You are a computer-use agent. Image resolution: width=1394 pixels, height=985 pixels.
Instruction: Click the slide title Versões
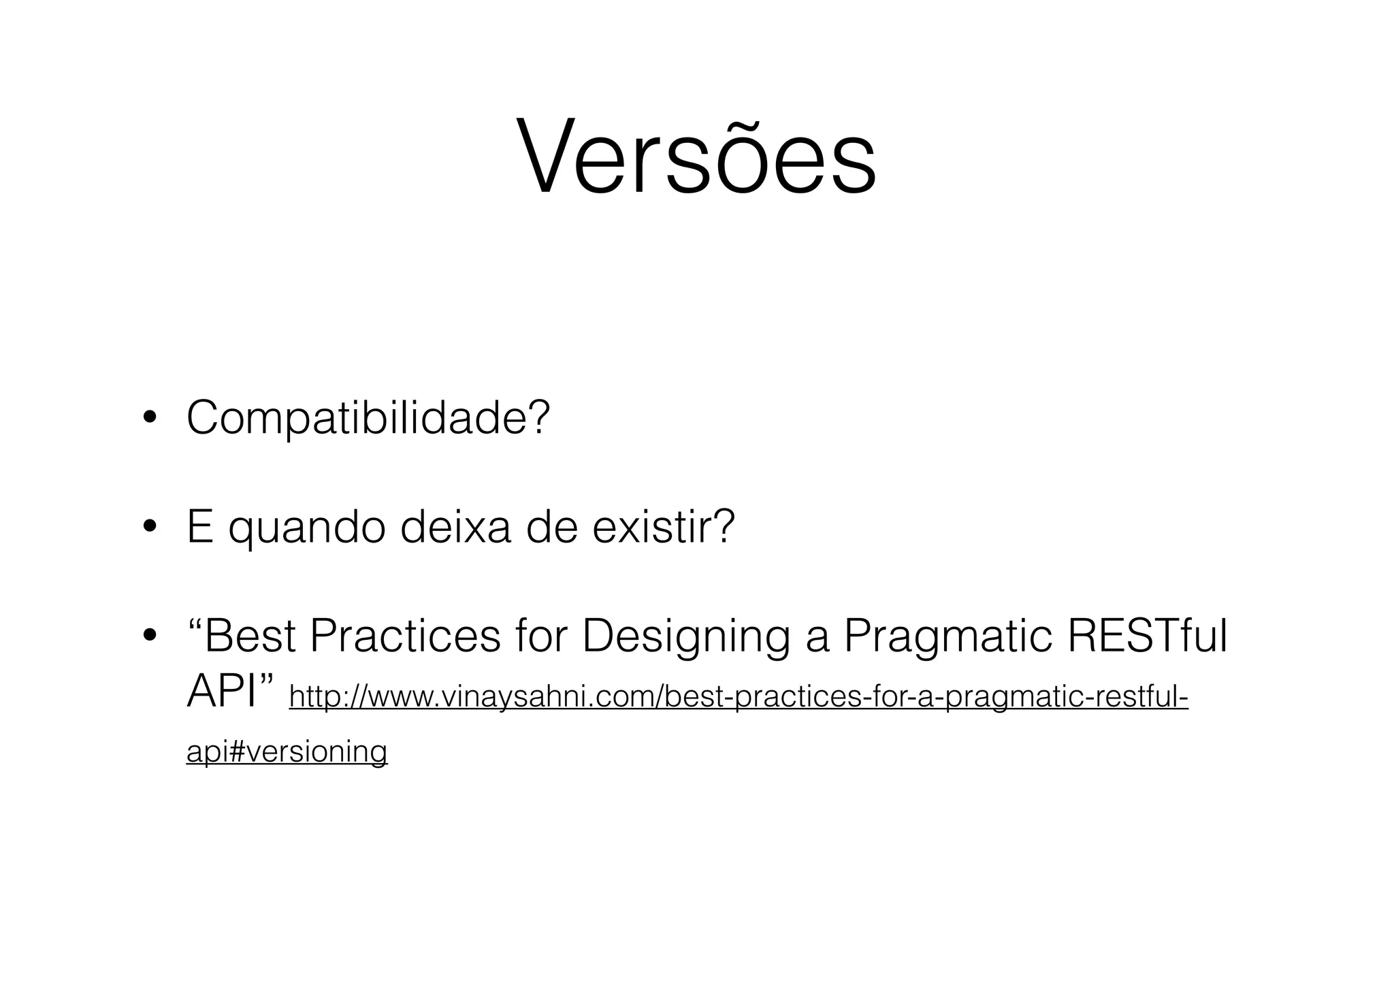tap(696, 158)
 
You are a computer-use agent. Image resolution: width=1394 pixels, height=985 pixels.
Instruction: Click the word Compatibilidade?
tap(368, 418)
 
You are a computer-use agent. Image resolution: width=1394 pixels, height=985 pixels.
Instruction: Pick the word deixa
tap(455, 527)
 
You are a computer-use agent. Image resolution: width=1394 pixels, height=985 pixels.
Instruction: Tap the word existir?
tap(664, 527)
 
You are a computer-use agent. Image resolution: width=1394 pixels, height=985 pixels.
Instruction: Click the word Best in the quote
tap(249, 636)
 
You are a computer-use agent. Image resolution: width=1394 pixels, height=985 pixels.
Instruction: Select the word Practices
tap(406, 636)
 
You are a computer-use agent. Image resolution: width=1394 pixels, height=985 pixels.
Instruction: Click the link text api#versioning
tap(287, 752)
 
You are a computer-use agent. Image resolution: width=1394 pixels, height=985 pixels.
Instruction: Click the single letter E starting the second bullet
tap(199, 527)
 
